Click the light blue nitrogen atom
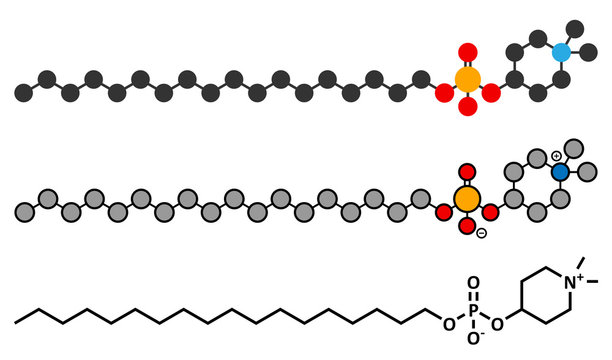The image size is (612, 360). click(562, 52)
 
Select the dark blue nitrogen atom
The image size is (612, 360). click(560, 171)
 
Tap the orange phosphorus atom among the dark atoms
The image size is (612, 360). click(468, 79)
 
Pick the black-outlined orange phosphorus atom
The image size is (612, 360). click(467, 199)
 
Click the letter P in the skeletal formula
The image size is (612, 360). click(473, 311)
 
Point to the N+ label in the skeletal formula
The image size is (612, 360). click(573, 282)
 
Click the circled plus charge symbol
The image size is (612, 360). click(556, 156)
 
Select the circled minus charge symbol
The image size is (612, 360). click(482, 233)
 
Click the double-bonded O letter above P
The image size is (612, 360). click(473, 283)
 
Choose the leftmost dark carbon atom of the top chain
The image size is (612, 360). click(24, 93)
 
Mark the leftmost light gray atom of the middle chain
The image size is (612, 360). click(25, 212)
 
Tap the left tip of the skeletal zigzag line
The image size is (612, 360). click(15, 323)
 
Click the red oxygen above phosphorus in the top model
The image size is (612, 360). click(468, 52)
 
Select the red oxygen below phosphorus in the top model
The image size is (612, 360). click(468, 107)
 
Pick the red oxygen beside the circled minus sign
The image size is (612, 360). click(467, 226)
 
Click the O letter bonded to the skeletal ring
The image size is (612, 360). click(498, 324)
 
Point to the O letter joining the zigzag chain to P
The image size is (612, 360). click(449, 324)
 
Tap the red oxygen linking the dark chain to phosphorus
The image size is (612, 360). click(444, 93)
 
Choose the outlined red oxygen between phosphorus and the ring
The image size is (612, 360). click(490, 212)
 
